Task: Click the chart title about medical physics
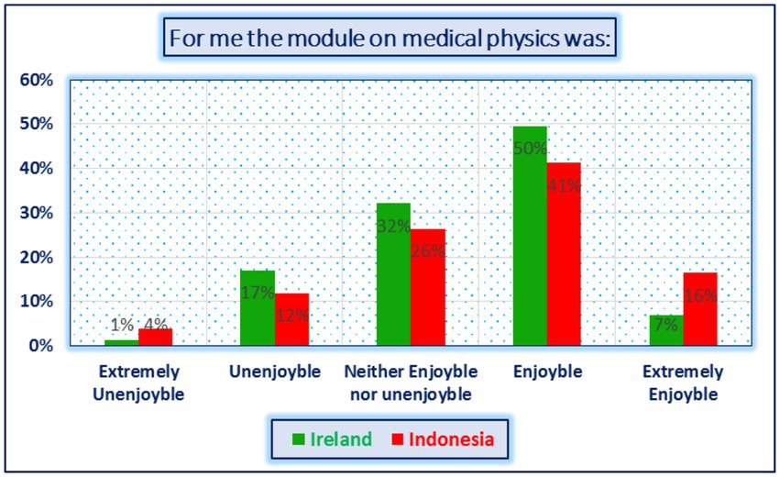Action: pos(390,38)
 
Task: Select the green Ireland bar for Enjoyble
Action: pos(530,236)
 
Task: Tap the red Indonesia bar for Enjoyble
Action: pos(564,254)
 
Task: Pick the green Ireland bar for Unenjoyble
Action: pos(258,307)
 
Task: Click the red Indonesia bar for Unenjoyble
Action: pos(291,319)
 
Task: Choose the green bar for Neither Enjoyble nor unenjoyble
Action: pos(393,274)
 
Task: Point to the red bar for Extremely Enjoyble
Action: pos(700,309)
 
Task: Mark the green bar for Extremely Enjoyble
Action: pos(666,330)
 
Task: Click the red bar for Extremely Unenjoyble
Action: pos(155,337)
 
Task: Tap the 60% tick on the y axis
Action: pos(37,80)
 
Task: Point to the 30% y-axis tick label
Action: pos(37,213)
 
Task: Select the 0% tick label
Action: pos(41,346)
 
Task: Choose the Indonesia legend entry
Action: pos(444,439)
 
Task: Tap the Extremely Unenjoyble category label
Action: pos(138,383)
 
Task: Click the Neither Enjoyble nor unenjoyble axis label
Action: pos(411,383)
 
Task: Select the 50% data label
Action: pos(531,149)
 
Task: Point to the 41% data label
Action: pos(564,185)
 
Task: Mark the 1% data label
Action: pos(122,325)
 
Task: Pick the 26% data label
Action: pos(428,250)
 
